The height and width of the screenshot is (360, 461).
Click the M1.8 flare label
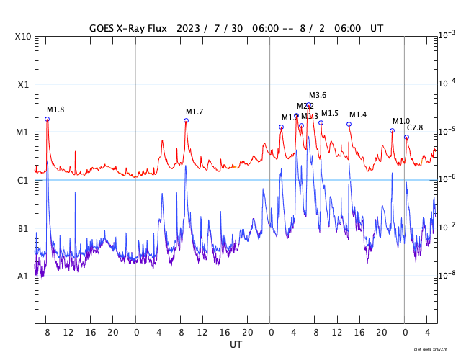pyautogui.click(x=55, y=109)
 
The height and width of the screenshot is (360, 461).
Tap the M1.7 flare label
pyautogui.click(x=194, y=112)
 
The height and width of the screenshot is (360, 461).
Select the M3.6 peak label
pyautogui.click(x=318, y=95)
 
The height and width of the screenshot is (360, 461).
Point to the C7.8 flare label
pyautogui.click(x=415, y=127)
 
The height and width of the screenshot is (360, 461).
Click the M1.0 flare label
pyautogui.click(x=400, y=121)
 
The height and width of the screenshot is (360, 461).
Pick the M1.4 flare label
pyautogui.click(x=358, y=115)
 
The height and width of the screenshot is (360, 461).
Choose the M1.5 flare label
pyautogui.click(x=329, y=113)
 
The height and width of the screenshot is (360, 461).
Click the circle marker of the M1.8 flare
pyautogui.click(x=48, y=119)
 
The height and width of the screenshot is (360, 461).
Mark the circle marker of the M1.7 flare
pyautogui.click(x=186, y=120)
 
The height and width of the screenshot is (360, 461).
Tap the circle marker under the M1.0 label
pyautogui.click(x=392, y=130)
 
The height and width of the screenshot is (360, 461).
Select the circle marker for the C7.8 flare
pyautogui.click(x=406, y=137)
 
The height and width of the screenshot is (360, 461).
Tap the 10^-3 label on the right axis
pyautogui.click(x=447, y=35)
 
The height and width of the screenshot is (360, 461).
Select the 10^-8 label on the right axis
pyautogui.click(x=447, y=274)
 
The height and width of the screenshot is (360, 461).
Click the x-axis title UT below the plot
pyautogui.click(x=236, y=345)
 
